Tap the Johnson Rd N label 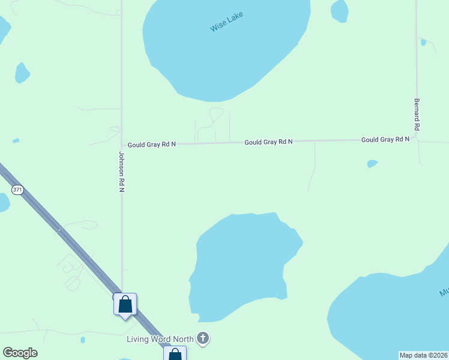pos(121,172)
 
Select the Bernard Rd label pos(416,115)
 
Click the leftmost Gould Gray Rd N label pos(152,145)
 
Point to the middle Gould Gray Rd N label pos(268,142)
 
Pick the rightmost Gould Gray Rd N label pos(385,139)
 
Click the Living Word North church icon pos(203,339)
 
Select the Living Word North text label pos(160,340)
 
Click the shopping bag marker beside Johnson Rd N pos(125,304)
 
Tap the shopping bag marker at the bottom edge pos(175,354)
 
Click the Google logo pos(20,353)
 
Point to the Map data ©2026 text pos(423,355)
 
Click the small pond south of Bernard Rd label pos(372,163)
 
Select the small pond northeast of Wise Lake pos(340,10)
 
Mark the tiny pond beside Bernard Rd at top pos(424,42)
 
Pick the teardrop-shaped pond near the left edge pos(22,73)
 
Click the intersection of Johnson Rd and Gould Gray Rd pos(122,145)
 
